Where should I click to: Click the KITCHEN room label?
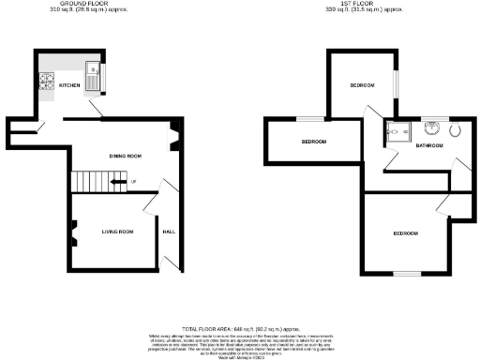click(69, 85)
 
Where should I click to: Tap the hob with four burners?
click(47, 82)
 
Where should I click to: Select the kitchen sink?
click(94, 71)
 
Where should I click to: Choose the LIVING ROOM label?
click(118, 231)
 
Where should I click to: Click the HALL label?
click(169, 231)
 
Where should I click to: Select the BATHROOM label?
click(429, 146)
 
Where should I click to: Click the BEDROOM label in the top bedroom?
click(363, 85)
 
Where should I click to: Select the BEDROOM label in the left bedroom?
click(313, 142)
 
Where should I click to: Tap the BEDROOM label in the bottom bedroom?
click(405, 232)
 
